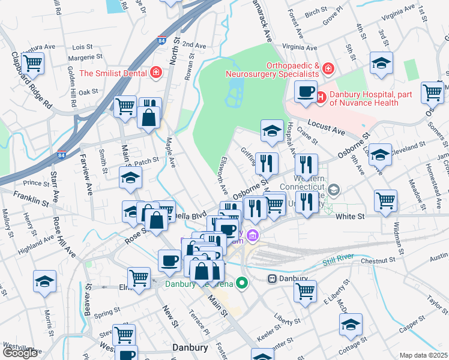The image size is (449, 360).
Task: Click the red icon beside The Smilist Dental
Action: click(x=156, y=73)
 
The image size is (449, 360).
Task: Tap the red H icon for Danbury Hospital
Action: click(x=321, y=96)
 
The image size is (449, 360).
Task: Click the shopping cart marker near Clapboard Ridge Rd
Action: click(x=33, y=62)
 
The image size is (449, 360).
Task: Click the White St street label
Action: click(x=351, y=217)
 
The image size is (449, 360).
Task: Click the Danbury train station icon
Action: click(x=272, y=279)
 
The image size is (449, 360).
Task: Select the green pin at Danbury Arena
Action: click(x=242, y=283)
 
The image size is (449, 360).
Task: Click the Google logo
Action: click(x=20, y=353)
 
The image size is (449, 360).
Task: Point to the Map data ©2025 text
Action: click(x=423, y=355)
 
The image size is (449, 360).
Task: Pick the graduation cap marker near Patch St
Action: click(x=130, y=178)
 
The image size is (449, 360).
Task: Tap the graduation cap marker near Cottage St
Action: click(x=351, y=325)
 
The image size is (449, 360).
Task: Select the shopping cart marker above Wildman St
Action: click(x=385, y=201)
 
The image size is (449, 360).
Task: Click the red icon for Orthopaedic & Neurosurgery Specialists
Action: click(x=328, y=68)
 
